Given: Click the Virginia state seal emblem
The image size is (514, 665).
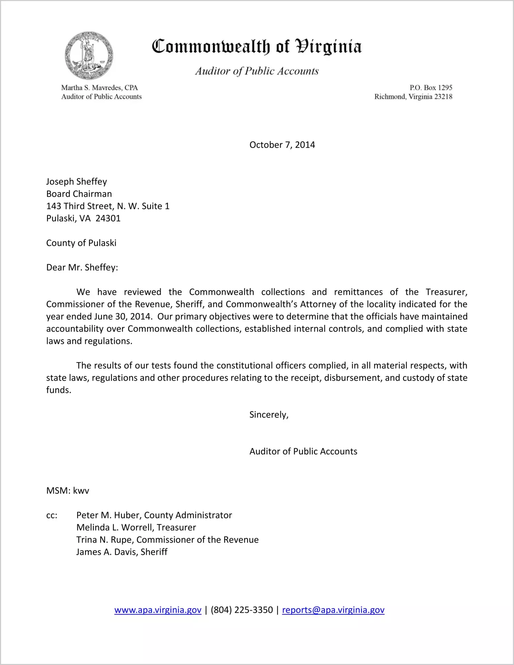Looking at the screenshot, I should [x=89, y=55].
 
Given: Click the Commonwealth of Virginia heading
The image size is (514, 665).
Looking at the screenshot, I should [x=257, y=47].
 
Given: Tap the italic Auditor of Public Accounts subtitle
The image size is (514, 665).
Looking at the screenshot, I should [x=257, y=71].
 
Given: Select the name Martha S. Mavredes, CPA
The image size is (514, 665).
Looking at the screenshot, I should [x=99, y=88].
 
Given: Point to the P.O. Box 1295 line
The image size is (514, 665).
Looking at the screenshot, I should [x=431, y=88].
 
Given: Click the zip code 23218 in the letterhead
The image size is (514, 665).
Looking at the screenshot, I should [x=443, y=97].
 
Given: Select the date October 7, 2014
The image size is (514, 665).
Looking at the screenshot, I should [x=282, y=145].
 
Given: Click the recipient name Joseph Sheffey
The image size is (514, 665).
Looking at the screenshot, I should [x=76, y=181].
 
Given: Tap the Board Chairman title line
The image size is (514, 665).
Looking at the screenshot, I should [x=79, y=194].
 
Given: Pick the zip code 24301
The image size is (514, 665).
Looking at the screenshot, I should [x=108, y=218].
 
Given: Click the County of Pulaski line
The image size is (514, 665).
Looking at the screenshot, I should [x=81, y=243].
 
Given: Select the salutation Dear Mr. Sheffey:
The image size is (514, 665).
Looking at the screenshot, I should [x=82, y=268].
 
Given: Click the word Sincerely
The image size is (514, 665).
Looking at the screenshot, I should [x=268, y=415].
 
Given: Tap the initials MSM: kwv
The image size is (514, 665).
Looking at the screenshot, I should [x=67, y=491].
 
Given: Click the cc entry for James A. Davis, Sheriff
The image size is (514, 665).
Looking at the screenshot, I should [x=122, y=552].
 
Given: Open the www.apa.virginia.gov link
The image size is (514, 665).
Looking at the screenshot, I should [x=158, y=610].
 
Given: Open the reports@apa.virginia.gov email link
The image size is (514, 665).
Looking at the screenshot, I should [x=333, y=610].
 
